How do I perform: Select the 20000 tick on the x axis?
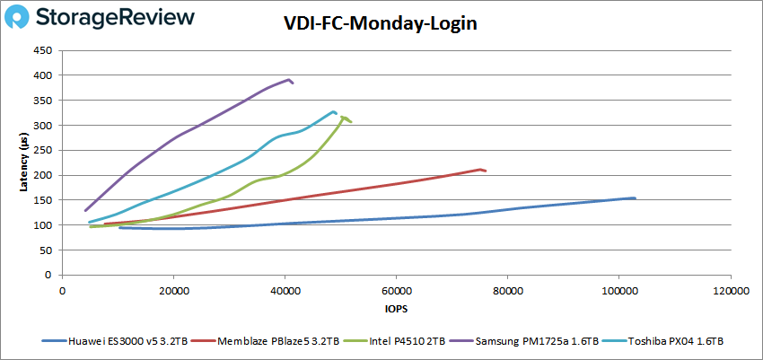pyautogui.click(x=173, y=291)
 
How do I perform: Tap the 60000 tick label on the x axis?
pyautogui.click(x=396, y=291)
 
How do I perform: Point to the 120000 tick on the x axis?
pyautogui.click(x=730, y=291)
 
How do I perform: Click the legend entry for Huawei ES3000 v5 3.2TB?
pyautogui.click(x=121, y=341)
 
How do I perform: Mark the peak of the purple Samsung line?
pyautogui.click(x=289, y=79)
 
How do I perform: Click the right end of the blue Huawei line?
pyautogui.click(x=635, y=198)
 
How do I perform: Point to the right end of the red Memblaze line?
pyautogui.click(x=486, y=171)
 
